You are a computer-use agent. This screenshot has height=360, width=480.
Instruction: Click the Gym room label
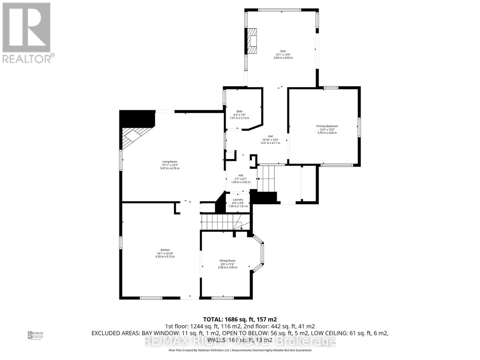[x=283, y=51]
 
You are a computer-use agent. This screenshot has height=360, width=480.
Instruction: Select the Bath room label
[x=239, y=111]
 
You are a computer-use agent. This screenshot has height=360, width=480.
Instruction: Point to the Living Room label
[x=170, y=162]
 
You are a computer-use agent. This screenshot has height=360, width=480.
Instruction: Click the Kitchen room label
[x=165, y=250]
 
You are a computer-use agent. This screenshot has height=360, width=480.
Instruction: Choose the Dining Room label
[x=227, y=261]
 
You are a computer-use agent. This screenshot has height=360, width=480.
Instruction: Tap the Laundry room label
[x=238, y=199]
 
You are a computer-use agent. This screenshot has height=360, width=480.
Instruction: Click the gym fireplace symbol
[x=252, y=41]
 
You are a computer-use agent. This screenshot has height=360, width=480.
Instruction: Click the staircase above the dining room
[x=225, y=222]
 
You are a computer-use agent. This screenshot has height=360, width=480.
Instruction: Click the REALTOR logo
[x=27, y=33]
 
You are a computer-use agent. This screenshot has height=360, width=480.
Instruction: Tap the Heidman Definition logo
[x=35, y=335]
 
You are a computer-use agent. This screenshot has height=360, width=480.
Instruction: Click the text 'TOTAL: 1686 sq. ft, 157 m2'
[x=240, y=319]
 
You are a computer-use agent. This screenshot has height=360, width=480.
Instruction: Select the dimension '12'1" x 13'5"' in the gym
[x=283, y=55]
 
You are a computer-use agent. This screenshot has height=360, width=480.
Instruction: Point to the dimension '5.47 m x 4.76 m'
[x=170, y=168]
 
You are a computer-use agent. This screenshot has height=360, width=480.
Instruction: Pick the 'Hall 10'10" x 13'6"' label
[x=270, y=139]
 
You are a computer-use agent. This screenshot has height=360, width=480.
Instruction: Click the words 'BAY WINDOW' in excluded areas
[x=150, y=333]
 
